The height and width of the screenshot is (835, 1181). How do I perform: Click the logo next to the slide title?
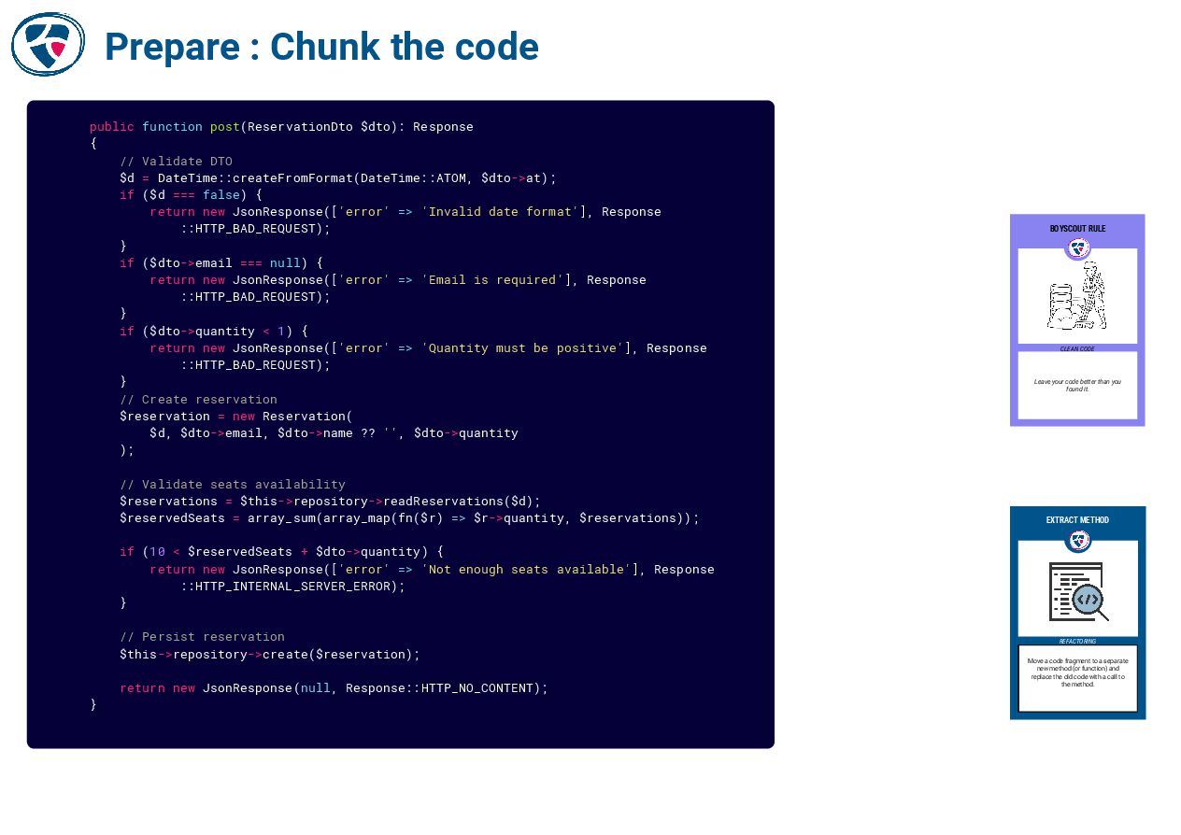48,44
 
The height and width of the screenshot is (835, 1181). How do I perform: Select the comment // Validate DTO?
176,161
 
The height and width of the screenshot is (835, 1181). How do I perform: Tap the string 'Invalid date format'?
500,212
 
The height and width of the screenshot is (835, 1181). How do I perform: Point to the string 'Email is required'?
492,280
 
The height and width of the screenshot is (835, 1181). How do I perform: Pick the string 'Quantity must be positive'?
522,348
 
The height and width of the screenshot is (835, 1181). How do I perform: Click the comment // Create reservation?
198,400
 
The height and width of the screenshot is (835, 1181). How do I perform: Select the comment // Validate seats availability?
232,485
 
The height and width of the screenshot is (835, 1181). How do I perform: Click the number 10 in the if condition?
157,552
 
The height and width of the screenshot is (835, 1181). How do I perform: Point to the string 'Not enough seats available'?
526,570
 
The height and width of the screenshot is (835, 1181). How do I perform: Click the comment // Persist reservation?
202,637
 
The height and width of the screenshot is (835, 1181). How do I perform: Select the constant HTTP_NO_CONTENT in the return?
477,688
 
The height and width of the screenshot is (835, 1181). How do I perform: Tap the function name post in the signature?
224,127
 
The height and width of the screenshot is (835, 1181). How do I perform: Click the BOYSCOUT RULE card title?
1077,229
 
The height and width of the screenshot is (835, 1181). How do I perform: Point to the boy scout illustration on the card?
1078,297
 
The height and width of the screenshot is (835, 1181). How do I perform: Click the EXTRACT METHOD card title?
1077,520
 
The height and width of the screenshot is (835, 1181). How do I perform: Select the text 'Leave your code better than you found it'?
1077,385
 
